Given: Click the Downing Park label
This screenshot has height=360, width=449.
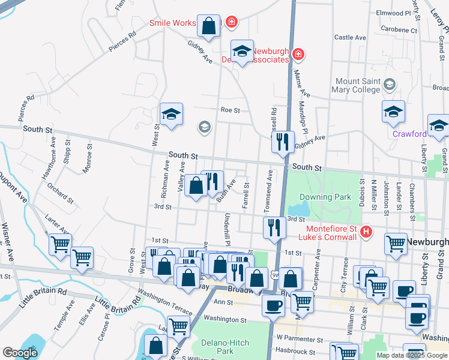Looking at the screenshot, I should pos(325,197).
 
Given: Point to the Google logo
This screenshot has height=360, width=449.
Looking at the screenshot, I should pos(20,353).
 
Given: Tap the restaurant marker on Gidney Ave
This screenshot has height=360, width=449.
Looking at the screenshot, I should pos(282,143).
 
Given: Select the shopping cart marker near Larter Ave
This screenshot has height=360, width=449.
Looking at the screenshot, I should pos(59,245).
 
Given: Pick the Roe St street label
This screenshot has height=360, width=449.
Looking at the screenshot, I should pos(230,110).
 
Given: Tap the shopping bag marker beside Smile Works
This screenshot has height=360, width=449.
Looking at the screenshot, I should pos(208,26).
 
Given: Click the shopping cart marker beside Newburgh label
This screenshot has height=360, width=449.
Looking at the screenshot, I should pos(396,244).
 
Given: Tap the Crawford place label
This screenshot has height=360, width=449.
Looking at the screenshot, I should pos(411,134).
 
